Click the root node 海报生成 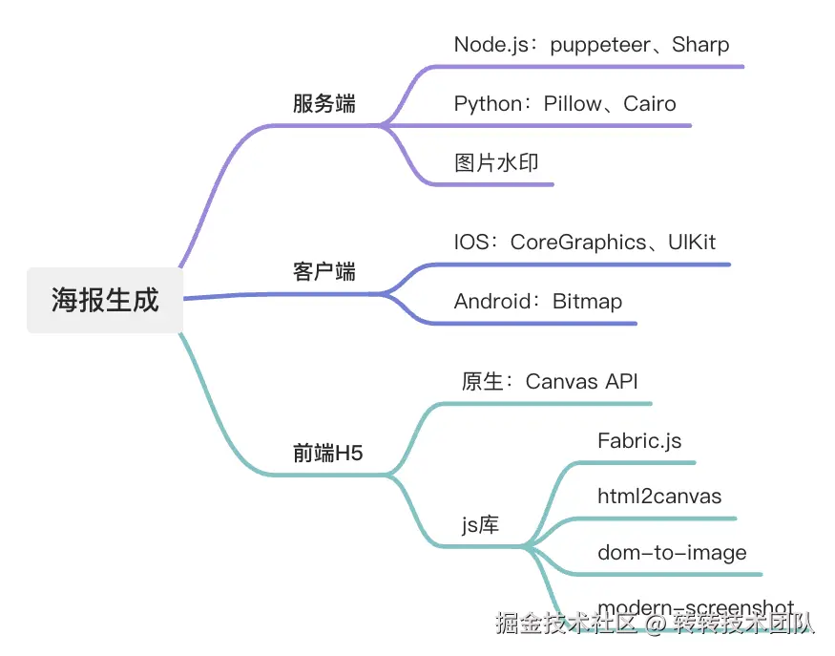(x=104, y=301)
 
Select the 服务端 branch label (x=324, y=104)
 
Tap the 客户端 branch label (x=324, y=272)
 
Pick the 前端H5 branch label (x=328, y=454)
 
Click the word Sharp (x=700, y=44)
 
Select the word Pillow (x=574, y=103)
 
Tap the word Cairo (x=650, y=103)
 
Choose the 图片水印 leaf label (x=496, y=162)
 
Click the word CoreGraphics (x=578, y=243)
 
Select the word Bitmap (x=588, y=302)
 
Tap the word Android (x=491, y=302)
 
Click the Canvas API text (x=581, y=382)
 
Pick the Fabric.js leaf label (x=639, y=440)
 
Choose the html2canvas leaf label (x=659, y=497)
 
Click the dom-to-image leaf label (x=672, y=553)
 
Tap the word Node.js (x=489, y=44)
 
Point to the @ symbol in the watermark (x=655, y=624)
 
